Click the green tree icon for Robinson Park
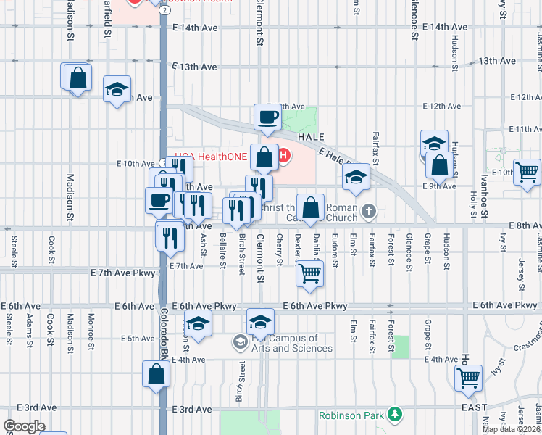coord(395,415)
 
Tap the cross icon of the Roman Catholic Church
coord(369,212)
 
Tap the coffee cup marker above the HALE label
coord(267,117)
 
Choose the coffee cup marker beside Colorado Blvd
coord(158,200)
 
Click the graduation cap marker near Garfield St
coord(117,90)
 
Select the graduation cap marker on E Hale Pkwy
coord(355,177)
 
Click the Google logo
coord(24,426)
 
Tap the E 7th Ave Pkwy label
coord(123,273)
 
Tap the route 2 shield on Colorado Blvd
coord(165,11)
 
